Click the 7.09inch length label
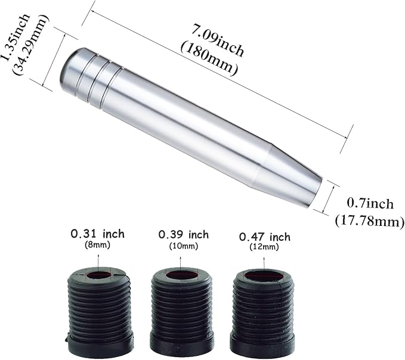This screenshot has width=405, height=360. pyautogui.click(x=218, y=40)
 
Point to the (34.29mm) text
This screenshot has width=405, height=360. pyautogui.click(x=30, y=45)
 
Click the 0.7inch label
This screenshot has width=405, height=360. pyautogui.click(x=370, y=204)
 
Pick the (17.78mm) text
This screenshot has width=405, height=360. pyautogui.click(x=370, y=221)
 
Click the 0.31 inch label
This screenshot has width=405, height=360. pyautogui.click(x=98, y=234)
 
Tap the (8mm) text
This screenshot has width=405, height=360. pyautogui.click(x=97, y=244)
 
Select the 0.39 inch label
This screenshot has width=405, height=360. pyautogui.click(x=183, y=235)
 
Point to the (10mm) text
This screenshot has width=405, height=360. pyautogui.click(x=183, y=246)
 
